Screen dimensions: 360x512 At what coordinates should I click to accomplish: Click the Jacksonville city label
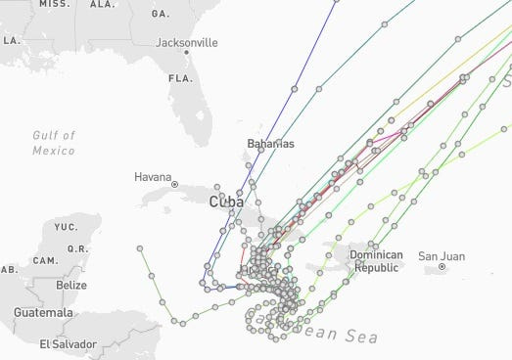186,43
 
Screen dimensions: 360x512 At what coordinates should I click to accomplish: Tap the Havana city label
153,177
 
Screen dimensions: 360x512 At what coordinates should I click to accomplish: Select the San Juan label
441,256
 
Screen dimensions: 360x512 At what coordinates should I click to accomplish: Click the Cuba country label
226,202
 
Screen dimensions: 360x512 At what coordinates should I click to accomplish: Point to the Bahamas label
270,144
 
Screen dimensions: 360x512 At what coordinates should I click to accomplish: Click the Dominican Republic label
376,261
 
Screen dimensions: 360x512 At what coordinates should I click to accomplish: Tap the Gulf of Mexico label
53,143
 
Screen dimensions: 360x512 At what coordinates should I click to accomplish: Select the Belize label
70,285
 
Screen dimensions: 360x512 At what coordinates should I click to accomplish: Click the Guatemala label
43,312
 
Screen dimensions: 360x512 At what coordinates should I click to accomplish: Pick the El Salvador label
68,343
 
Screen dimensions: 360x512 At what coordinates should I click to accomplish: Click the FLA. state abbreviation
179,78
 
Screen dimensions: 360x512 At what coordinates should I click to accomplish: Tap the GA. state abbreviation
161,15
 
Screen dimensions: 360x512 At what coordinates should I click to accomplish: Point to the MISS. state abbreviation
54,4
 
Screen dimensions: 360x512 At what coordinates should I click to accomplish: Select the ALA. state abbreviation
102,4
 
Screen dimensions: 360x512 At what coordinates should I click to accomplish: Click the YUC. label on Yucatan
66,227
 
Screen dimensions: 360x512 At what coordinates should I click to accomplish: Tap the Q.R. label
77,248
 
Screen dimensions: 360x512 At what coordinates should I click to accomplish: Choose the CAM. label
44,260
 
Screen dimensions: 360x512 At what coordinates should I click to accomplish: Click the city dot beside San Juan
442,266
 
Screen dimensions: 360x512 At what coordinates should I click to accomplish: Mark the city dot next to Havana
174,184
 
